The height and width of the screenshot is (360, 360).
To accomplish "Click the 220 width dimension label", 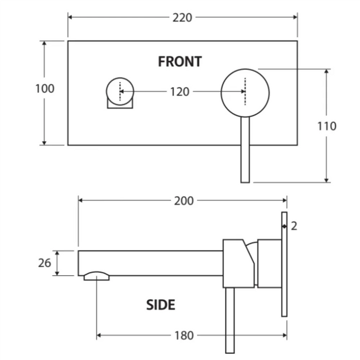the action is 182,18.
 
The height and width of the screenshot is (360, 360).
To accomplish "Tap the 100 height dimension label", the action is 45,89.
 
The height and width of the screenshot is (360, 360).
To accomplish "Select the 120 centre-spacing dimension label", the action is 180,92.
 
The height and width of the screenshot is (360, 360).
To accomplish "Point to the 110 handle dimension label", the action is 327,126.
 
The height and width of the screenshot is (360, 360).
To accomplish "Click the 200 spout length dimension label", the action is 184,201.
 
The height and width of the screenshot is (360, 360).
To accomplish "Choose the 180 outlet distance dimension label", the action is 184,335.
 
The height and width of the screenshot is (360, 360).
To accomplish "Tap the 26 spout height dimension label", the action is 45,263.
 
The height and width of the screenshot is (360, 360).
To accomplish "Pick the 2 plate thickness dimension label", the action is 294,227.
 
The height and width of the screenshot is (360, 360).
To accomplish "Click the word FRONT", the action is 180,62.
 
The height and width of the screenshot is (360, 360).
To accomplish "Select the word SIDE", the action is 161,305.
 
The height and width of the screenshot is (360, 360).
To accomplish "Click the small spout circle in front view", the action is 120,91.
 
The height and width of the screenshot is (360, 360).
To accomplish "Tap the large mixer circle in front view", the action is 245,93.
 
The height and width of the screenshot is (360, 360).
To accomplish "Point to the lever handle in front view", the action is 245,150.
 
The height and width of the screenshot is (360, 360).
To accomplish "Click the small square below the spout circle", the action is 120,104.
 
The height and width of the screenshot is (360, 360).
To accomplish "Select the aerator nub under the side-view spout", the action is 97,276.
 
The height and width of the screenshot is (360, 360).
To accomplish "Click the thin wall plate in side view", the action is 284,264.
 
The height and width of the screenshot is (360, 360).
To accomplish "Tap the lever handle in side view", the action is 230,320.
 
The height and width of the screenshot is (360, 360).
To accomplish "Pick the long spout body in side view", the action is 150,263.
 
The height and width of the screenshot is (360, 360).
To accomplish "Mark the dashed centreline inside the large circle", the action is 245,92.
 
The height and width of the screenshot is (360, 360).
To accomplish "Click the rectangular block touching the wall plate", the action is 270,263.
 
